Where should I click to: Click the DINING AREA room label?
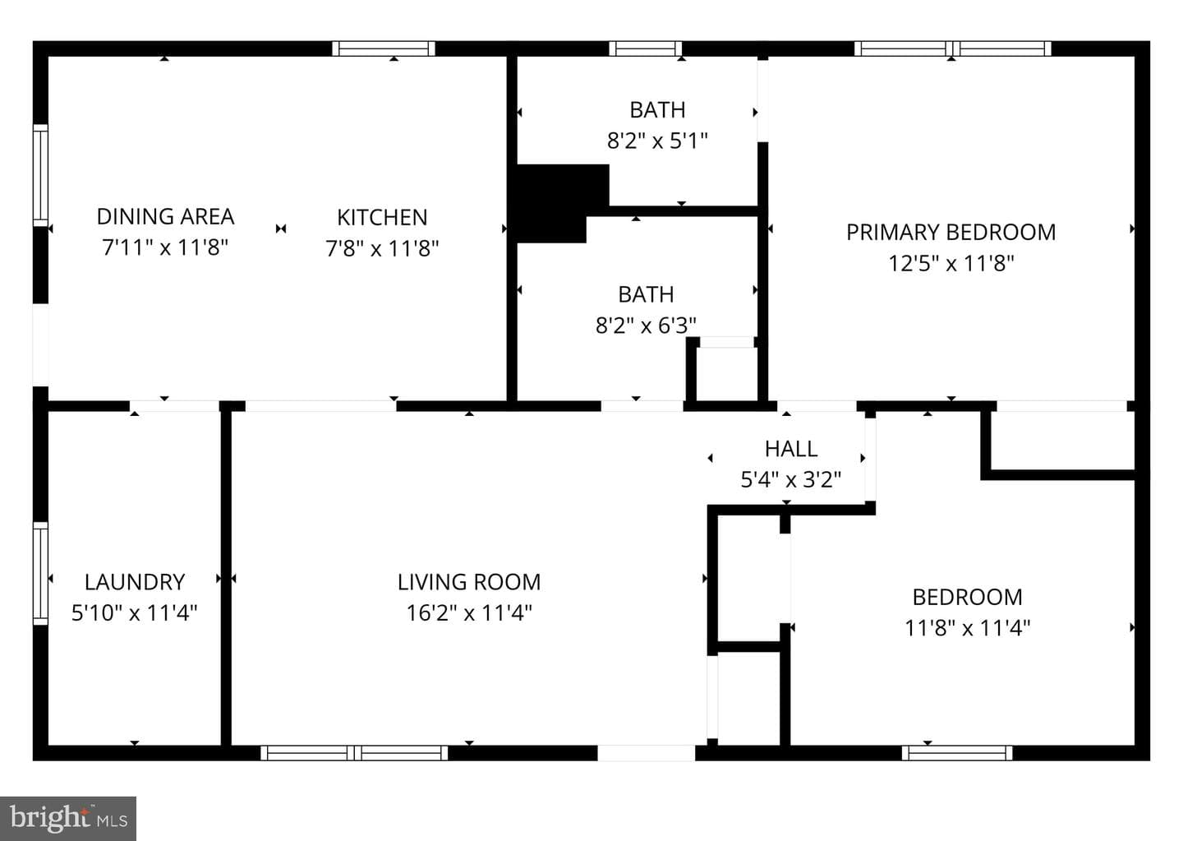[165, 217]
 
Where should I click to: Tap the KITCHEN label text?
[382, 217]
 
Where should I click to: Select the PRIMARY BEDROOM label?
[951, 232]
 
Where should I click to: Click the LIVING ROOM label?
[469, 582]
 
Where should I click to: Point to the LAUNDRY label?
[135, 582]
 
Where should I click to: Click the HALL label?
[790, 449]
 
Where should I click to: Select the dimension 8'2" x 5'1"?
[657, 141]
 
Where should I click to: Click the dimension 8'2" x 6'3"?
[646, 325]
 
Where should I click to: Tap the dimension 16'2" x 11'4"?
[469, 612]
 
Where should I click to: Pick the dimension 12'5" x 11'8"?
[951, 263]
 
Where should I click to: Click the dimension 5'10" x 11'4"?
[134, 612]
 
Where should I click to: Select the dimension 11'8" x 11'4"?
[967, 628]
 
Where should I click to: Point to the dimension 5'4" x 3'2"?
[790, 479]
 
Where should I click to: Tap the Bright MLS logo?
[68, 819]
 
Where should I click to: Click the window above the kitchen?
[384, 49]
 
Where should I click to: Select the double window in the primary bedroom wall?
[953, 49]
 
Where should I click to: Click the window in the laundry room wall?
[41, 574]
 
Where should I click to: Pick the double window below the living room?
[354, 753]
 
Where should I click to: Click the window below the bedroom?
[957, 753]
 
